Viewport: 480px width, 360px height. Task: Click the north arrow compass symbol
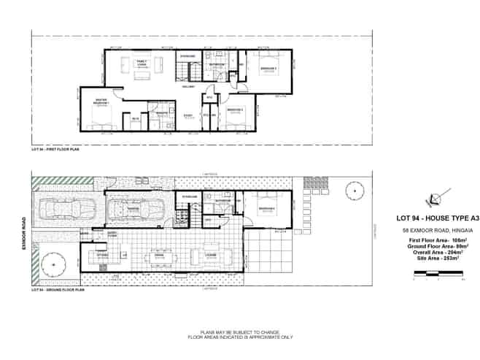click(x=435, y=198)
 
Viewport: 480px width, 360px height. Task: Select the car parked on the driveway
click(x=65, y=211)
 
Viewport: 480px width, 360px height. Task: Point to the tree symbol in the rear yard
click(x=355, y=192)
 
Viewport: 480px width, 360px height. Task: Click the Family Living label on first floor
click(x=142, y=63)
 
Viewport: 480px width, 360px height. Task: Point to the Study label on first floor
click(x=188, y=115)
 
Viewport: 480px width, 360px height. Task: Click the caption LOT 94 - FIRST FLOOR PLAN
click(x=55, y=148)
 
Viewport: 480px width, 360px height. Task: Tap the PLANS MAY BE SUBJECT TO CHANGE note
click(x=240, y=332)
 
